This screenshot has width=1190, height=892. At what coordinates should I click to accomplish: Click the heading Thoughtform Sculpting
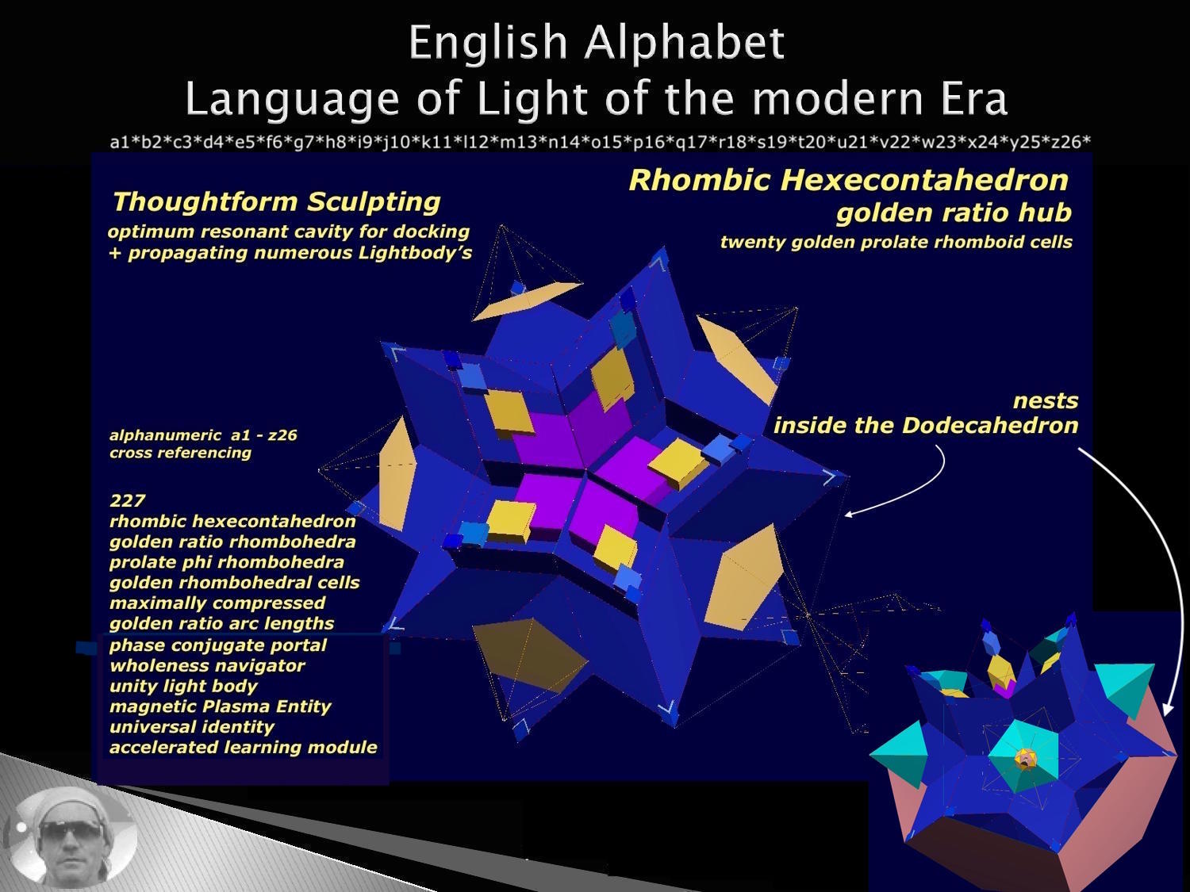pos(277,202)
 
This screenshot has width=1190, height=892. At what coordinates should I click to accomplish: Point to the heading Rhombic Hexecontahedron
pos(848,180)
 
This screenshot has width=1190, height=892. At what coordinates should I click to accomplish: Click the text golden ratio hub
pos(954,212)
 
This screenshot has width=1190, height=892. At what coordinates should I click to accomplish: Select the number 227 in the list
pos(128,500)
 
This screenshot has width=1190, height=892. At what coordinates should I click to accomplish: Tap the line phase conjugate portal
pos(218,645)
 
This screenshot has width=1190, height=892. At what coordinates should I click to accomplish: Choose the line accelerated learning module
pos(244,747)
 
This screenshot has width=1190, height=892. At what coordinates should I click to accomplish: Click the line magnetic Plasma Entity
pos(220,706)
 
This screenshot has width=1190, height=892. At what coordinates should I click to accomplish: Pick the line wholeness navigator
pos(207,665)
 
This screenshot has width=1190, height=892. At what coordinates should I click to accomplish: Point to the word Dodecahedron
pos(990,426)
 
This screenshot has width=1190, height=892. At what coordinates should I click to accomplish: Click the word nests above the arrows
pos(1046,401)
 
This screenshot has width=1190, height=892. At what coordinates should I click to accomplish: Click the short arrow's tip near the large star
pos(846,515)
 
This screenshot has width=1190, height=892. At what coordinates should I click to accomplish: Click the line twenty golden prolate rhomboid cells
pos(896,242)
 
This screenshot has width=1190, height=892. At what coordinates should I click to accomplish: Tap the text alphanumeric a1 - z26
pos(203,435)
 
